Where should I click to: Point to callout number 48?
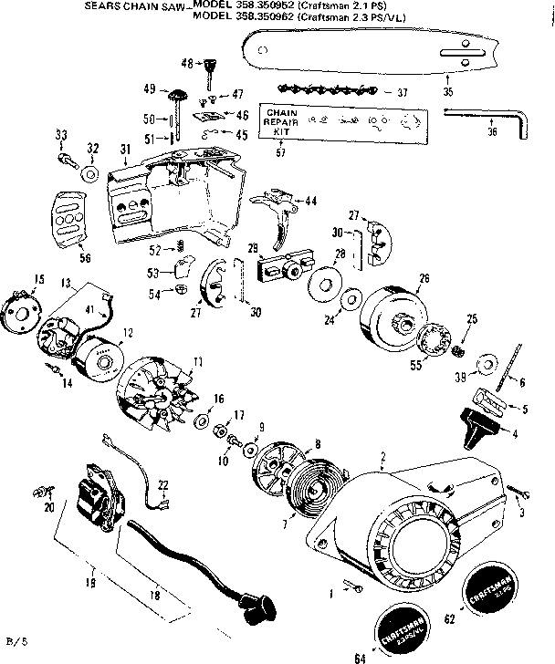[x=186, y=63]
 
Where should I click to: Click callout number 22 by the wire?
[x=163, y=484]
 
